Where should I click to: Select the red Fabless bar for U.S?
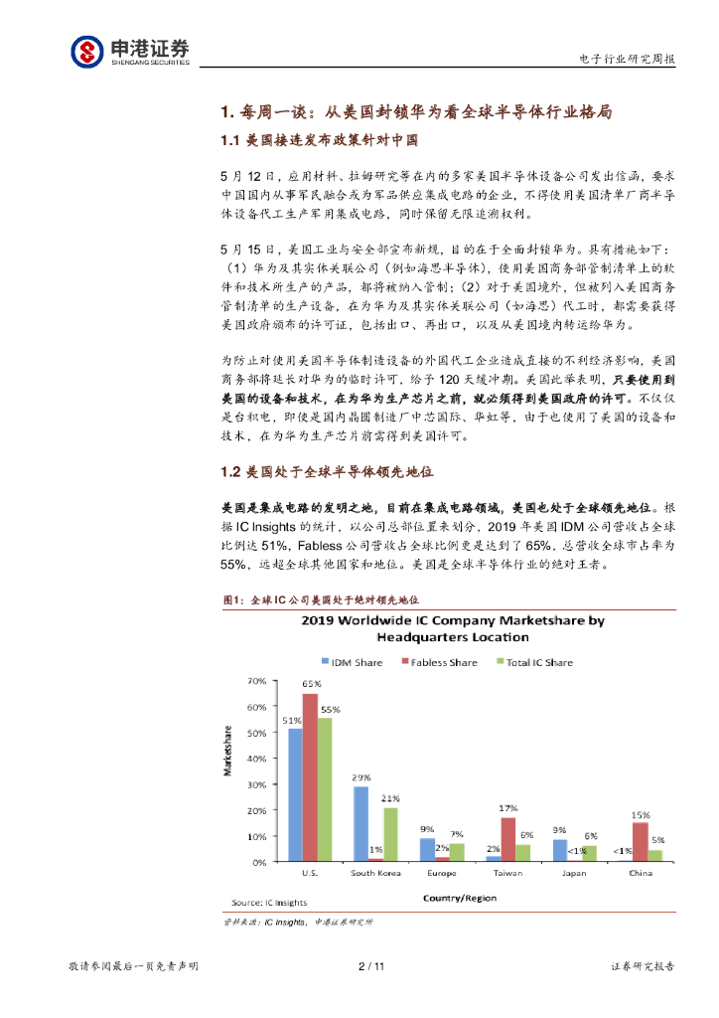coord(310,775)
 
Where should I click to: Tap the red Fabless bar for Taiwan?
coord(507,838)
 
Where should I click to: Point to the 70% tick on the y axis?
coord(256,682)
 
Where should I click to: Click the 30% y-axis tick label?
coord(256,785)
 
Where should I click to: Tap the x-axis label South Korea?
coord(375,873)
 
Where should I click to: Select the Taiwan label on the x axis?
coord(507,873)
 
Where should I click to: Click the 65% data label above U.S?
coord(311,684)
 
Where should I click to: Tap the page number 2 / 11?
coord(370,965)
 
